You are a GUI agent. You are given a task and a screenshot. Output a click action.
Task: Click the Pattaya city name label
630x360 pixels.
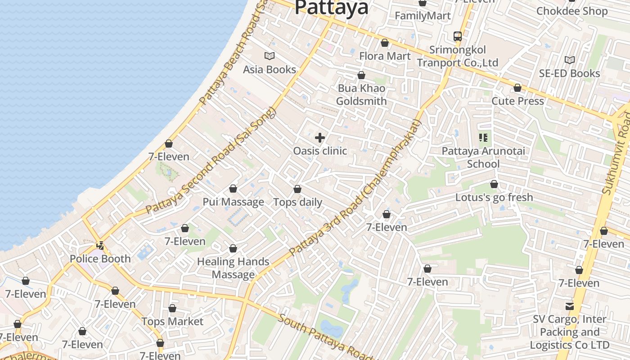pos(331,7)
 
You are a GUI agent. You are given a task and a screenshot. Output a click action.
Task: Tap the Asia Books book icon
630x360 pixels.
pos(270,56)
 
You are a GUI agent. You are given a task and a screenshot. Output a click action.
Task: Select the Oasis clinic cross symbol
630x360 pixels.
pos(320,137)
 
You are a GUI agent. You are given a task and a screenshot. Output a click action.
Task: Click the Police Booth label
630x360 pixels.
pos(100,259)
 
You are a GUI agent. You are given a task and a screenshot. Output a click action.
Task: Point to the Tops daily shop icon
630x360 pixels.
pos(297,189)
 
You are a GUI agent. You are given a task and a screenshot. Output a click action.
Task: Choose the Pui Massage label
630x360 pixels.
pos(233,202)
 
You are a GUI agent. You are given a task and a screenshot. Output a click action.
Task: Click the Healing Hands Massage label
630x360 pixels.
pos(233,268)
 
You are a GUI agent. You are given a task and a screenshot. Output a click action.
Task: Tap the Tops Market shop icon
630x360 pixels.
pos(172,309)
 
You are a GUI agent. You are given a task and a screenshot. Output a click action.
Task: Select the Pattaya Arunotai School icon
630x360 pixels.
pos(484,138)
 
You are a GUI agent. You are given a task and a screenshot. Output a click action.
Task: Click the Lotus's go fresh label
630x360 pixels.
pos(494,197)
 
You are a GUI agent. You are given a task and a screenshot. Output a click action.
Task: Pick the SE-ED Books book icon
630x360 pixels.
pos(569,60)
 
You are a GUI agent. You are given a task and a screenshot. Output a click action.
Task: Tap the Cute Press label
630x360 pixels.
pos(517,101)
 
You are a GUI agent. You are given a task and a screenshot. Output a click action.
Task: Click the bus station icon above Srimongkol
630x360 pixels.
pos(458,36)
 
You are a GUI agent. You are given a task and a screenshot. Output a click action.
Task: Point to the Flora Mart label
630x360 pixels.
pos(385,56)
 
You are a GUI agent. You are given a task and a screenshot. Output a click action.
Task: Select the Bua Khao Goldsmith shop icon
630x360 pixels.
pos(361,75)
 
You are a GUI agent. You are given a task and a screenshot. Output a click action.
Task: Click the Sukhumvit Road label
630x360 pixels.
pos(616,153)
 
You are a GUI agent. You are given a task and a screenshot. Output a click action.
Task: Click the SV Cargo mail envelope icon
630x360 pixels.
pos(570,306)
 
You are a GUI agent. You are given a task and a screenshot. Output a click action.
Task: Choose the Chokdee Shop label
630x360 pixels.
pos(571,11)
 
